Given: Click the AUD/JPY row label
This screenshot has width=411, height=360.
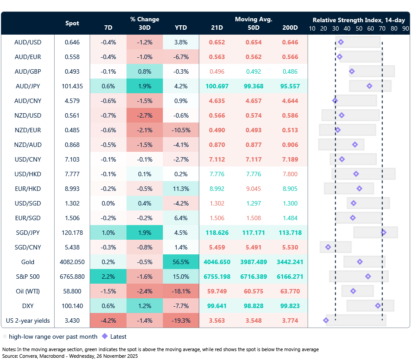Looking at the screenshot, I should point(28,86).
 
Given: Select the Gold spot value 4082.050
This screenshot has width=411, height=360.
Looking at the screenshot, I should point(72,262).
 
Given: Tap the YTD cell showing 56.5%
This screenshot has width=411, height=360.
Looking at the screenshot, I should point(181,262).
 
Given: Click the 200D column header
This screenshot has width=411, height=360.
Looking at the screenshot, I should point(290,27).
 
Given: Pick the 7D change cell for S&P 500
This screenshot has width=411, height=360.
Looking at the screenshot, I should point(108,277).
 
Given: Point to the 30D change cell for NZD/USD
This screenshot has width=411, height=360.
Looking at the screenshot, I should point(145,115).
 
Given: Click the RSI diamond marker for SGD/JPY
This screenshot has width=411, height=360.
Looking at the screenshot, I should point(383,232).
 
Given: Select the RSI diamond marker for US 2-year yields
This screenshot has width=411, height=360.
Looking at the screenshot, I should point(326,320).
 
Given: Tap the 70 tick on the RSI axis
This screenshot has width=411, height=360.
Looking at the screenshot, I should point(382,28).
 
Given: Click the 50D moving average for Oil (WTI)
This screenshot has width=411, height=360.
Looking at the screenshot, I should point(254,291).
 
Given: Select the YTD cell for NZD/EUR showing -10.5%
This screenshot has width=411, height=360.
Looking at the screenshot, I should point(181,130).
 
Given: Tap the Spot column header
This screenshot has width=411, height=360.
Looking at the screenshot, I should point(72,23).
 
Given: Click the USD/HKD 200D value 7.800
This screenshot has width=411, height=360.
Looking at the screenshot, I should point(290,174).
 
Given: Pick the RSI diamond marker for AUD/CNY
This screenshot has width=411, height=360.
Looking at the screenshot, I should point(335,101).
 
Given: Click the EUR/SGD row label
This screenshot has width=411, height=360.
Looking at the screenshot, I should point(28,218).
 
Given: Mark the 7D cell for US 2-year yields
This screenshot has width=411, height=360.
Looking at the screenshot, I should point(108,320).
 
